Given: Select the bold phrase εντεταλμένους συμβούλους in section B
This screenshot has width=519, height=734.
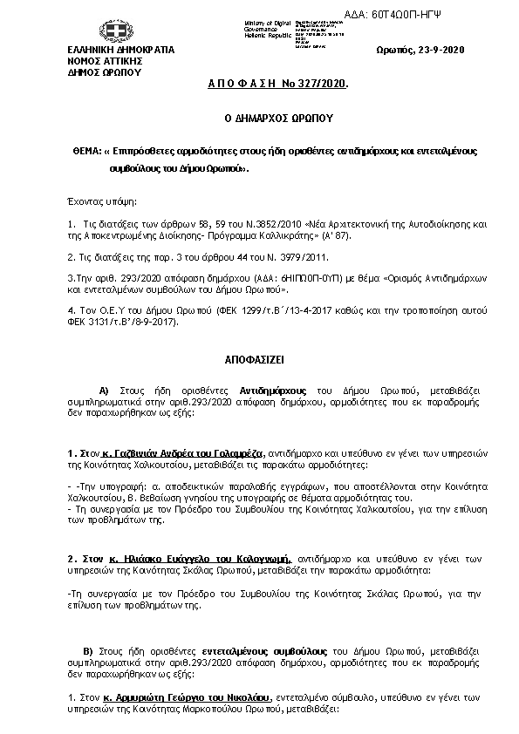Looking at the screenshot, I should pyautogui.click(x=275, y=651).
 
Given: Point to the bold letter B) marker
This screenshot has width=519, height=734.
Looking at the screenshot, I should pyautogui.click(x=87, y=651).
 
